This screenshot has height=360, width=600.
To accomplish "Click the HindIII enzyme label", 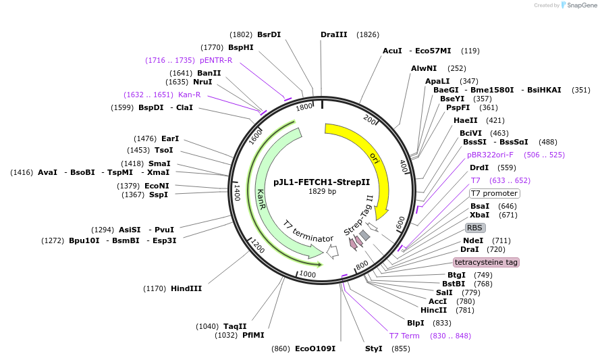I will click(186, 288).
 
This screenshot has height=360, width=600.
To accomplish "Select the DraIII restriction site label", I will click(334, 34).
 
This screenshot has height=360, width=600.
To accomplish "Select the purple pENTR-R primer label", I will click(216, 60).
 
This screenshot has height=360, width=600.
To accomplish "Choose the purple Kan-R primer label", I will click(189, 95).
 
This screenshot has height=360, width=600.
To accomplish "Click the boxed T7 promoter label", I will click(493, 193).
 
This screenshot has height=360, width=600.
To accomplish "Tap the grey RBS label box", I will click(475, 228).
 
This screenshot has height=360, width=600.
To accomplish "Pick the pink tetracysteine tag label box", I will click(486, 262).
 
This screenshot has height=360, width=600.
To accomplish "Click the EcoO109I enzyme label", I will click(315, 349).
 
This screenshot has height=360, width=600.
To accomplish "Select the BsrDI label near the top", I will click(269, 34).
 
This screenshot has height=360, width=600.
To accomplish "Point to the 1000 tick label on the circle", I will click(308, 274).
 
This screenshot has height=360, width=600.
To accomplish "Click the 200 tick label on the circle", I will click(369, 120).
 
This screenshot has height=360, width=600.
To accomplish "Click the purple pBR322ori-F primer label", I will click(490, 155).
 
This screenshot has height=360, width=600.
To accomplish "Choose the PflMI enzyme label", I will click(253, 335).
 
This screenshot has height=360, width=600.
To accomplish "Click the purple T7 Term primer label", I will click(404, 336).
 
